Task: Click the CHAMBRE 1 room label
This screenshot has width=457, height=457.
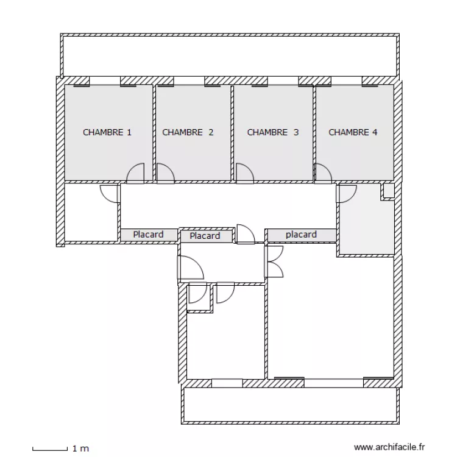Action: tap(107, 132)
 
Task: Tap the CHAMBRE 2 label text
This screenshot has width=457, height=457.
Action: tap(188, 132)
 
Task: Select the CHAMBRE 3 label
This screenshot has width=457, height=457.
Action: tap(272, 132)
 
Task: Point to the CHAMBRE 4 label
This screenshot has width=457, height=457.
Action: tap(353, 132)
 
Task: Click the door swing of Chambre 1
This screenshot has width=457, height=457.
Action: tap(136, 174)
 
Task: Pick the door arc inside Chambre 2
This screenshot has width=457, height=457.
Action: tap(165, 174)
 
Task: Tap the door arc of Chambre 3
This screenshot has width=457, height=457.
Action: tap(244, 174)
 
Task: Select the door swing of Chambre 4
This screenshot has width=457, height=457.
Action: tap(323, 174)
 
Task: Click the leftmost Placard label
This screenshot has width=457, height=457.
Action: tap(148, 235)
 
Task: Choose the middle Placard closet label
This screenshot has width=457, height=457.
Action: tap(205, 236)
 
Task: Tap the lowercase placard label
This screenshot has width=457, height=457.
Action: tap(301, 235)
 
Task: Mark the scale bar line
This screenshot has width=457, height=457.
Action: tap(49, 449)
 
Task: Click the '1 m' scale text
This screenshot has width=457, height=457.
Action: tap(80, 449)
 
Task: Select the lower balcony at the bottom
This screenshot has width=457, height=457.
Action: tap(291, 405)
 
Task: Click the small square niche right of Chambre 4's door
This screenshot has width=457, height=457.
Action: tap(388, 192)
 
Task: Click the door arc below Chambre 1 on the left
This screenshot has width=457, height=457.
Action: tap(110, 194)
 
